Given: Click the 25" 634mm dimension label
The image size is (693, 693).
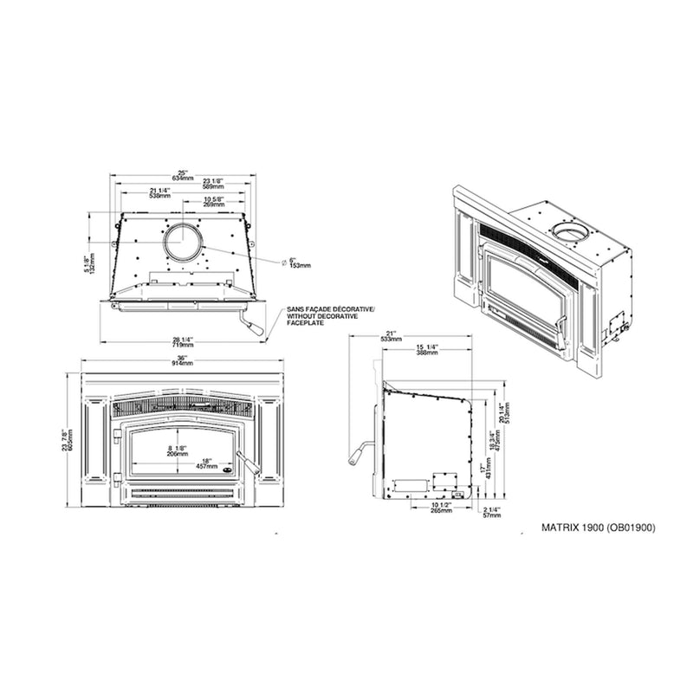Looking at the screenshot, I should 182,174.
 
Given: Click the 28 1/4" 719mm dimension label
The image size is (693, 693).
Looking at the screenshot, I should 182,341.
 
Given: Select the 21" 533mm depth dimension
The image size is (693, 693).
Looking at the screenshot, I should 396,337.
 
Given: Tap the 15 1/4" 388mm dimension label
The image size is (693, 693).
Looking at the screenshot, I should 426,349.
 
